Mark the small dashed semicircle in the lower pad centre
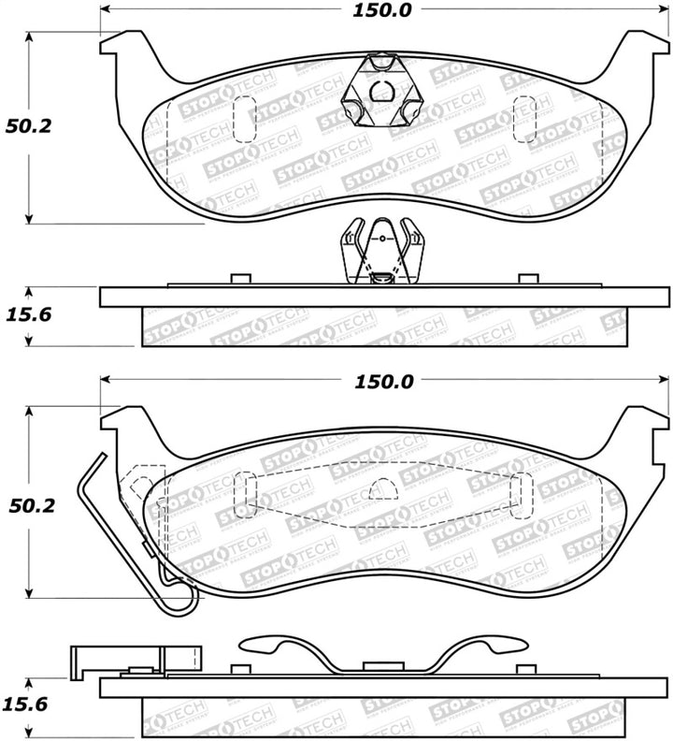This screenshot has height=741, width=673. pyautogui.click(x=379, y=490)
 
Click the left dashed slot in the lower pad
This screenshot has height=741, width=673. pyautogui.click(x=245, y=493)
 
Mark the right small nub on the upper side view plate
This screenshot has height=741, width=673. pyautogui.click(x=528, y=278)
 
